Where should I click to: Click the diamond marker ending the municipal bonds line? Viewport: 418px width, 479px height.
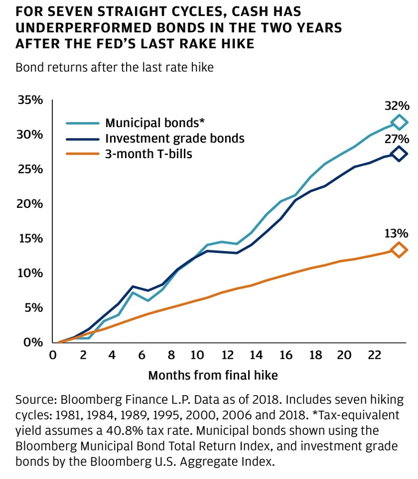pos(399,122)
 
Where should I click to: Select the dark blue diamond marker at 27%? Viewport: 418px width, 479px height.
pos(399,154)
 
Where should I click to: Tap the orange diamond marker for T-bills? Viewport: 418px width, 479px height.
pos(399,250)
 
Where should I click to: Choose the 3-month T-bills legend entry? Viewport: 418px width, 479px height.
pos(149,154)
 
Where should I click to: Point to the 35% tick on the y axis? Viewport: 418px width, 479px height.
pos(30,100)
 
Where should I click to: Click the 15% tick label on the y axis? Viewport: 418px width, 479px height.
pos(30,238)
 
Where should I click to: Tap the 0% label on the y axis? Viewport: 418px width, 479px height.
pos(33,342)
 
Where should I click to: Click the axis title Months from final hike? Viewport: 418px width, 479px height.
pos(213,375)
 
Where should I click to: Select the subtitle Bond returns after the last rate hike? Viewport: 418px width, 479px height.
pos(115,68)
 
